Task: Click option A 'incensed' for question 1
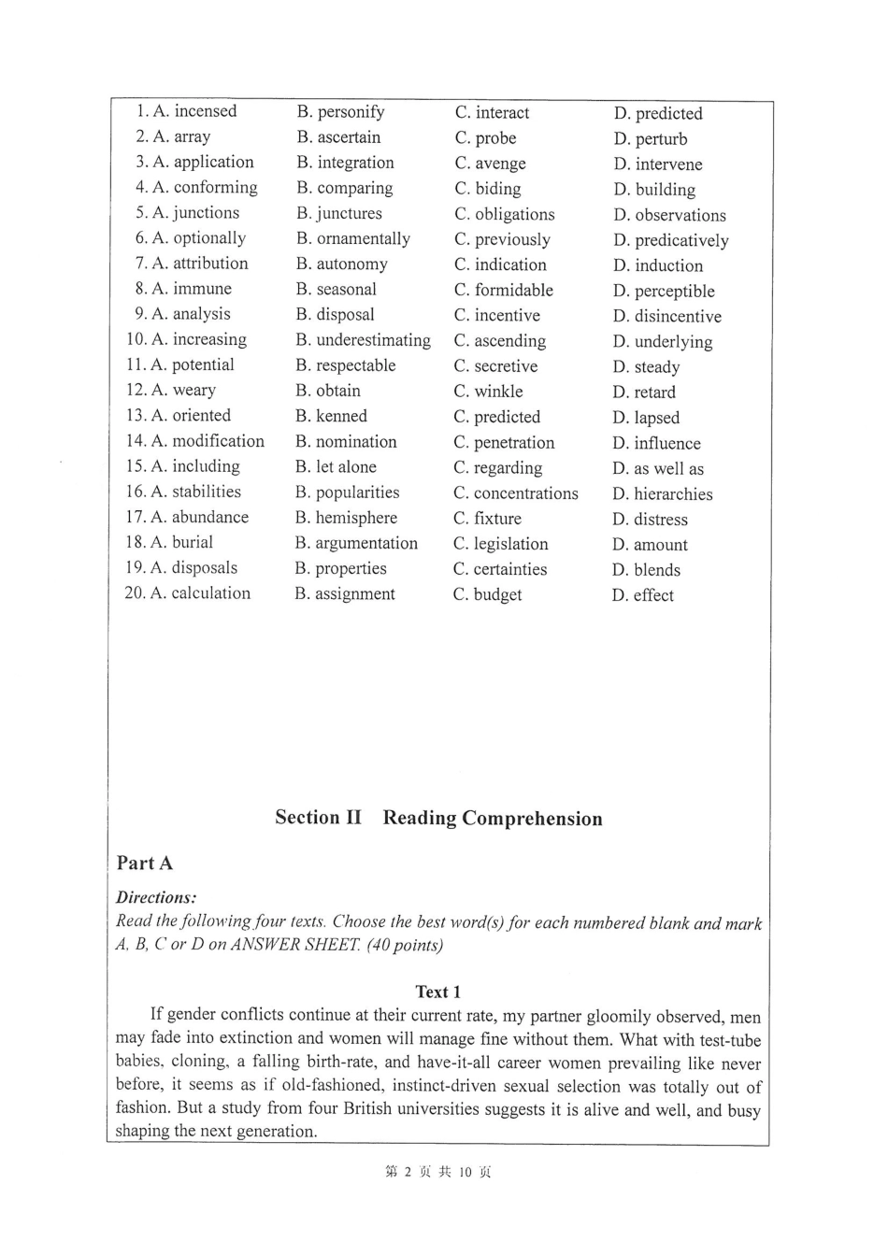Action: point(205,111)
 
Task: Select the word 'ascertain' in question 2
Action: point(349,137)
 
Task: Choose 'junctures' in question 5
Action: point(349,213)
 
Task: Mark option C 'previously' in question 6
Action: point(512,239)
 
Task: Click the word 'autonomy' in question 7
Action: point(351,264)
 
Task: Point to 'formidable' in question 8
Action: point(513,290)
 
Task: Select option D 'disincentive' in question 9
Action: point(678,317)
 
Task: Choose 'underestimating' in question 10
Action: point(373,340)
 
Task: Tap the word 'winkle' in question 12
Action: point(498,392)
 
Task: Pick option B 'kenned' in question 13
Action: point(341,416)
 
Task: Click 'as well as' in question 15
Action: point(668,469)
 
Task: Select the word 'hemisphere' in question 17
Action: point(356,518)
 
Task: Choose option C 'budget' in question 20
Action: point(497,594)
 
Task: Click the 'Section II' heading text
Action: point(318,818)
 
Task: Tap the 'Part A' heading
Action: point(145,863)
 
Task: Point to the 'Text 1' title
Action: point(438,992)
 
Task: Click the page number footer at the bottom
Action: point(438,1172)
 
